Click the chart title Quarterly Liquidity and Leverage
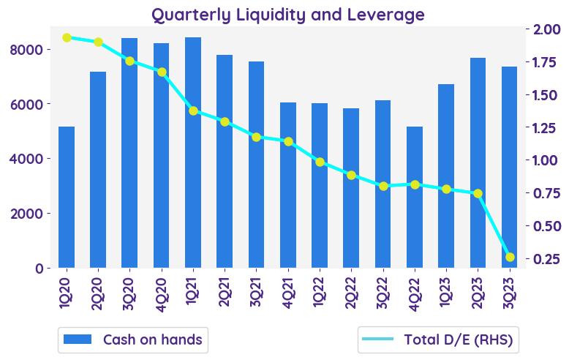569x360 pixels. click(x=287, y=14)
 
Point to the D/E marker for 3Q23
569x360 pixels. click(x=510, y=257)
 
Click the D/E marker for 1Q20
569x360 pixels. click(x=67, y=37)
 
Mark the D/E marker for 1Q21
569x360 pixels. click(x=193, y=110)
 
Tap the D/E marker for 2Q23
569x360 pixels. click(x=478, y=193)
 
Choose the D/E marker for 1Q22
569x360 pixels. click(x=320, y=162)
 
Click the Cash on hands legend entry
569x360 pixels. click(x=132, y=340)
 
